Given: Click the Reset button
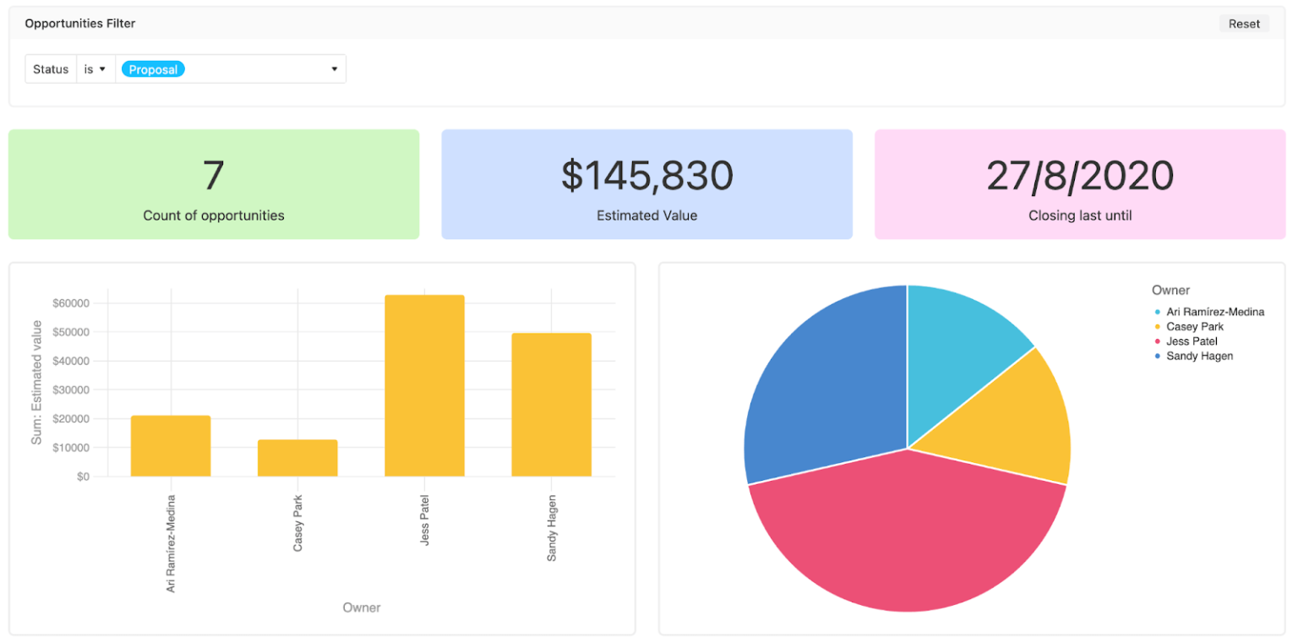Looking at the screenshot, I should click(x=1243, y=24).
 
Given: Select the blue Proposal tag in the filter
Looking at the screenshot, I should click(x=153, y=69).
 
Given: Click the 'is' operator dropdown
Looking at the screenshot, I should click(x=95, y=69).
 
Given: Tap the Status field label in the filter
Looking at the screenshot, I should click(x=51, y=69).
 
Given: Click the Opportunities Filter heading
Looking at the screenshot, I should click(x=80, y=24).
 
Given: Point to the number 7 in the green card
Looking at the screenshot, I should click(x=213, y=176).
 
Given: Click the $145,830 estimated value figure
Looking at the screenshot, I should click(x=646, y=176).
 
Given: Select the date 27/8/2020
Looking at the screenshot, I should click(x=1079, y=176).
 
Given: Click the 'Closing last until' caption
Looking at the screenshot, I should click(x=1079, y=215).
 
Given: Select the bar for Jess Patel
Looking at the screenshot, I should click(x=424, y=386).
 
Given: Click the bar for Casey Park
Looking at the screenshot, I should click(x=297, y=458).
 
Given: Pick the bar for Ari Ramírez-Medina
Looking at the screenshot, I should click(x=171, y=446).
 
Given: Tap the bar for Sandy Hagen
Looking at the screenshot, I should click(x=551, y=406).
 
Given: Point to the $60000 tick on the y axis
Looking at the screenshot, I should click(x=71, y=303).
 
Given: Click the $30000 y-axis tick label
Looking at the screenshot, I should click(x=71, y=390).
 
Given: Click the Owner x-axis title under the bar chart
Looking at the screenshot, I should click(x=361, y=608).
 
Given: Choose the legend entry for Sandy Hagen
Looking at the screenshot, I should click(x=1198, y=356).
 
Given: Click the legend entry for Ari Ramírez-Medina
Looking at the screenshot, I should click(x=1213, y=312).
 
